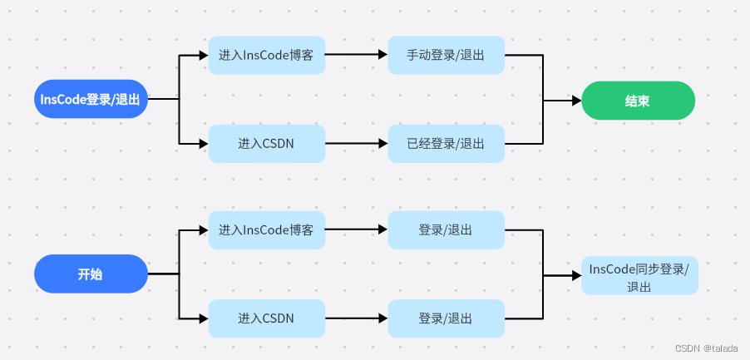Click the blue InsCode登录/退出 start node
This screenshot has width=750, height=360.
pos(91,99)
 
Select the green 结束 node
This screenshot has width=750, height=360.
pos(638,101)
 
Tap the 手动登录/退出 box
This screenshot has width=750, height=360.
pos(447,56)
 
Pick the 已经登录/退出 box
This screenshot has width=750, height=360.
pos(447,144)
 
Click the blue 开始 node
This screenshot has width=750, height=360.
pos(91,274)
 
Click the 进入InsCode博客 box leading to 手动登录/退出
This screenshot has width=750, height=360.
pos(266,56)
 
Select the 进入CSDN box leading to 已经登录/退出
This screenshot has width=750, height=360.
pos(266,144)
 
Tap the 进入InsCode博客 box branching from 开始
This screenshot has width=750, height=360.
pos(266,230)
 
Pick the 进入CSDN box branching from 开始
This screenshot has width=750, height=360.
pos(266,318)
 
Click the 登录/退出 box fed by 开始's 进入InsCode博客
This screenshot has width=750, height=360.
pos(447,230)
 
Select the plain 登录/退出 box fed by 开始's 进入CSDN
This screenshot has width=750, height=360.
pos(447,318)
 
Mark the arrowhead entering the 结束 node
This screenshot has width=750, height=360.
pos(576,101)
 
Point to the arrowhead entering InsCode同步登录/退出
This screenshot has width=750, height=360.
pos(576,275)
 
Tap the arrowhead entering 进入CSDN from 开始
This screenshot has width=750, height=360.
pos(203,318)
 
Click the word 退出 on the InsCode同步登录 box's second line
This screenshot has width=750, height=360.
pos(639,286)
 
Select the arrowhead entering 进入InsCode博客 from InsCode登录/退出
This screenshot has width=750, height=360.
pos(203,56)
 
